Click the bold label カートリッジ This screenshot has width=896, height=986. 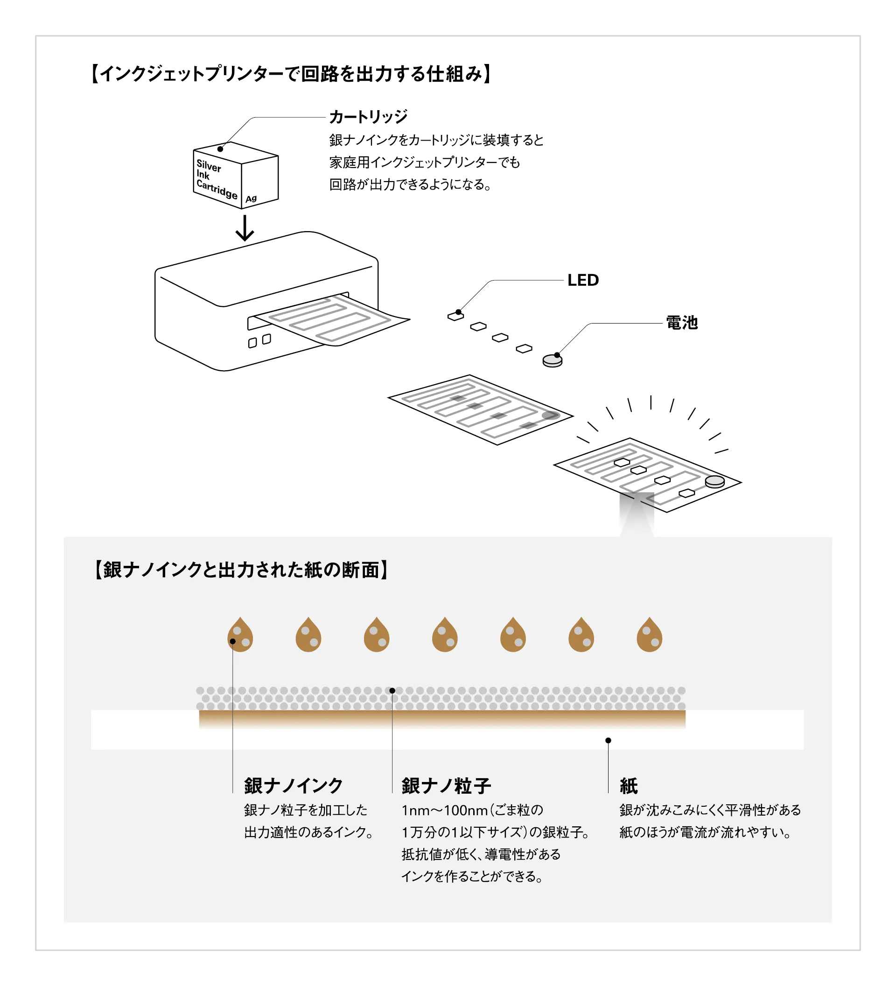pos(368,117)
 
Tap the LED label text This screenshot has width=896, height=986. pos(583,280)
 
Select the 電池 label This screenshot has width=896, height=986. pos(681,323)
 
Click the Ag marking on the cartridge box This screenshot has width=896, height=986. pos(251,198)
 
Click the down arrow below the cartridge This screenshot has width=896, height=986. pos(245,229)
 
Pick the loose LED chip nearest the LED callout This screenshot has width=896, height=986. pos(455,317)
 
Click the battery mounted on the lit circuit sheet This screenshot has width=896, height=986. pos(714,482)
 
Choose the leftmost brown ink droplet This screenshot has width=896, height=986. pos(240,635)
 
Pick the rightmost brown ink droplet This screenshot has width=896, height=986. pos(649,635)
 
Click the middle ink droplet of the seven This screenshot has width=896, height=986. pos(445,635)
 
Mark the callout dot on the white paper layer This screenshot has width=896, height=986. pos(608,740)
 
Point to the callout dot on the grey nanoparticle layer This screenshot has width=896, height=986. pos(392,690)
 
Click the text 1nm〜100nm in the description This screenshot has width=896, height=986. pos(445,810)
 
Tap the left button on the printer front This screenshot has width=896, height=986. pos(252,343)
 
